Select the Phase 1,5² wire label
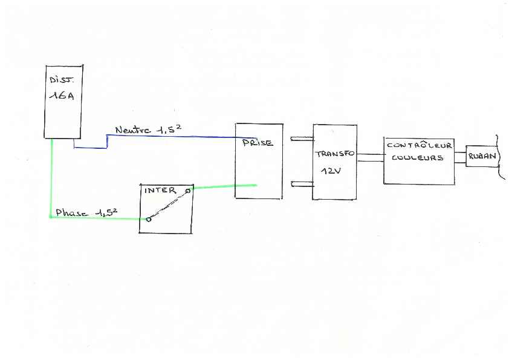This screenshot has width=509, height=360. pyautogui.click(x=86, y=212)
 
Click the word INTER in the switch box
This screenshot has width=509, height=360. pyautogui.click(x=160, y=190)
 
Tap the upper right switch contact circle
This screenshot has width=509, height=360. pyautogui.click(x=187, y=191)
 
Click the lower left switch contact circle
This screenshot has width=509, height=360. pyautogui.click(x=148, y=220)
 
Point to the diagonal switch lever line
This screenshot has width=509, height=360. pyautogui.click(x=167, y=206)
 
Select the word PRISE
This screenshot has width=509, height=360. pyautogui.click(x=258, y=143)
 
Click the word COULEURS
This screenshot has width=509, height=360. pyautogui.click(x=417, y=158)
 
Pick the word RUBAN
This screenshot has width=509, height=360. pyautogui.click(x=482, y=157)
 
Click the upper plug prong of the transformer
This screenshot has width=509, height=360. pyautogui.click(x=302, y=139)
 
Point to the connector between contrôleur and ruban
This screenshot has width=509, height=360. pyautogui.click(x=460, y=157)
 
